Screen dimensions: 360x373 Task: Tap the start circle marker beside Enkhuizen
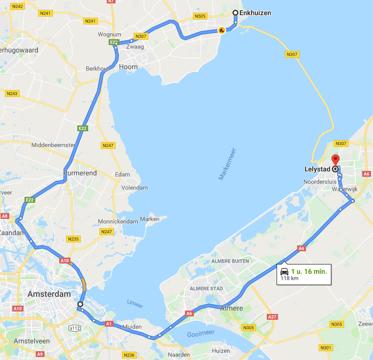point(235,13)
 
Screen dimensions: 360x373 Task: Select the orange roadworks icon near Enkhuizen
point(222,30)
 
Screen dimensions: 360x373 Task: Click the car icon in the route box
point(284,271)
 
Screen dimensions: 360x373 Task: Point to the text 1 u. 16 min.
point(309,271)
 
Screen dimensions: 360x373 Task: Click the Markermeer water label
point(228,164)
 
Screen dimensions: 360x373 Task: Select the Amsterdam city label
point(50,294)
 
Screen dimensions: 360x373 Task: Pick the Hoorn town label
point(128,67)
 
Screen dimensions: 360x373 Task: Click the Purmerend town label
point(80,173)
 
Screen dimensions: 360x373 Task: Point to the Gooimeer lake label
point(202,334)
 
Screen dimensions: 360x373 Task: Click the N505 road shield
point(200,16)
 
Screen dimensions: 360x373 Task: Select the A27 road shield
point(272,317)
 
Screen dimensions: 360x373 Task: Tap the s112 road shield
point(74,328)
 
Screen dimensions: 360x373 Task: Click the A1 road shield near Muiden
point(109,323)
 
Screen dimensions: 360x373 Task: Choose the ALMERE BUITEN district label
point(230,261)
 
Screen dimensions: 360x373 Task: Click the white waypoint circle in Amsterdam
point(80,304)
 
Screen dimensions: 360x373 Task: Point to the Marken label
point(150,219)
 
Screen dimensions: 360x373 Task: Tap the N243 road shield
point(12,93)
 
